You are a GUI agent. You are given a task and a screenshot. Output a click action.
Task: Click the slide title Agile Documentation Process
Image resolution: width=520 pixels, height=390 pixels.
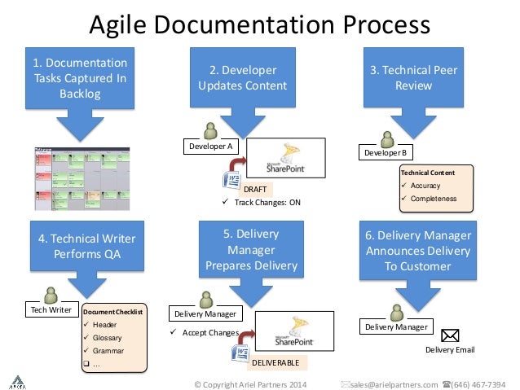coord(259,24)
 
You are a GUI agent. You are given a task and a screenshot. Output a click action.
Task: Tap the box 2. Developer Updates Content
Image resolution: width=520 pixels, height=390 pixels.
coord(242,78)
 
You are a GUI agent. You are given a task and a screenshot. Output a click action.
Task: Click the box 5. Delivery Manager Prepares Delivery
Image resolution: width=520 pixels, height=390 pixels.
coord(251,249)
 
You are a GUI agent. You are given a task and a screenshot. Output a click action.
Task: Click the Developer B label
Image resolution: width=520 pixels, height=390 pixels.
coord(386,152)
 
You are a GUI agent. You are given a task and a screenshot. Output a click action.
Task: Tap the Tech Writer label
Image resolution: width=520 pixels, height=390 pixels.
coord(50,310)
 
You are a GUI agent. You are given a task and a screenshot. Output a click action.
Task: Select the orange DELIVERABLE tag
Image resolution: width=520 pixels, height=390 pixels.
coord(275,361)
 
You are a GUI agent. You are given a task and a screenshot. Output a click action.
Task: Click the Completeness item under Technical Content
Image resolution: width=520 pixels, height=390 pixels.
coord(434,199)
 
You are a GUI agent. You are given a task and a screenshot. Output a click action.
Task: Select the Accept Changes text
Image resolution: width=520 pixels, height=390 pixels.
coord(209,332)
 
